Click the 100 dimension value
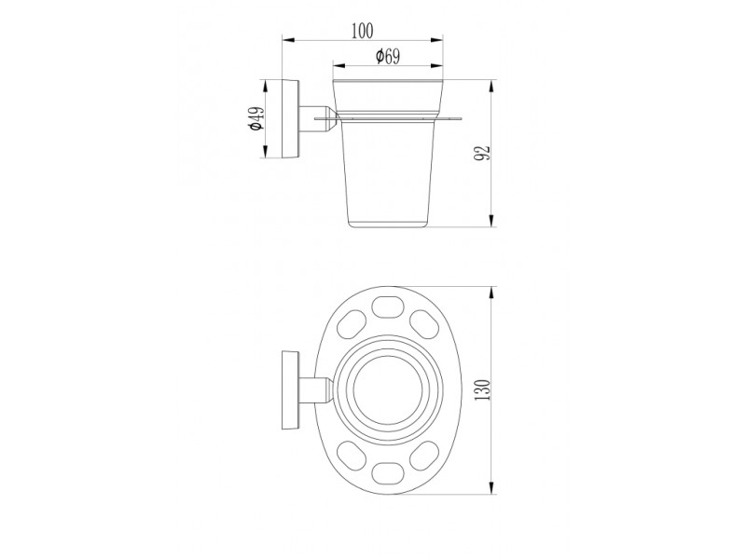363,31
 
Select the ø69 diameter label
388,57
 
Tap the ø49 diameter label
256,119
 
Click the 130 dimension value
483,389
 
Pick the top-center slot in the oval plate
386,307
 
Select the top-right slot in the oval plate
423,323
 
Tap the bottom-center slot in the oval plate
386,473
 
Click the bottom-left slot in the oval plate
349,457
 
